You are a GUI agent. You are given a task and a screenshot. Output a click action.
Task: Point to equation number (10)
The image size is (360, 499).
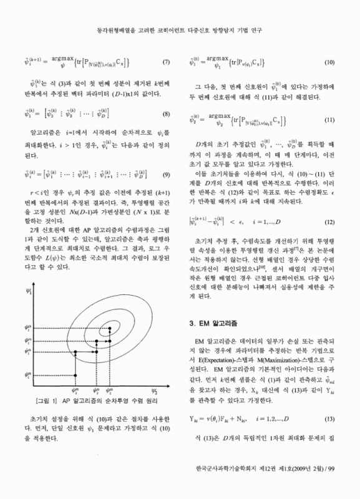(x=331, y=62)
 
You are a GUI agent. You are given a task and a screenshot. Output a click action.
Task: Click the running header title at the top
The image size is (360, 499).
(x=180, y=13)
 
